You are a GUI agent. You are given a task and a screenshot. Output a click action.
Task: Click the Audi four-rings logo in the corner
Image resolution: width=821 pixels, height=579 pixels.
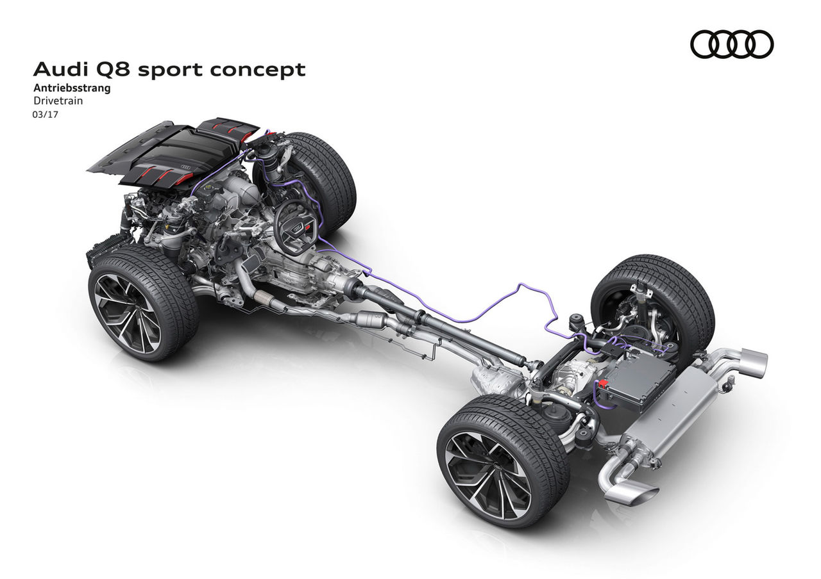click(x=732, y=45)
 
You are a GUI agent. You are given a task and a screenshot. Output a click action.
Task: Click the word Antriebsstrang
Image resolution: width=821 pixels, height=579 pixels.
click(x=72, y=88)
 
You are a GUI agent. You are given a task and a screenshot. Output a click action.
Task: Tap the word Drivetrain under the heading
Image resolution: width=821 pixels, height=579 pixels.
click(x=58, y=101)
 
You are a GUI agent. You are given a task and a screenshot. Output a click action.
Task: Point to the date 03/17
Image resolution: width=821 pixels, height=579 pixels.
click(x=46, y=115)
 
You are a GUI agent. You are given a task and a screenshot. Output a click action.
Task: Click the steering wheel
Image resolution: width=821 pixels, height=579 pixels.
click(x=296, y=226)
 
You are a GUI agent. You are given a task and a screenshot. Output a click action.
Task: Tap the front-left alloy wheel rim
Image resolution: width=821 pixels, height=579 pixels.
click(x=127, y=313)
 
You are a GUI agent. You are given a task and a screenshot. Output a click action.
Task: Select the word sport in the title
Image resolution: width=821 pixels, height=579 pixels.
click(x=171, y=70)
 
